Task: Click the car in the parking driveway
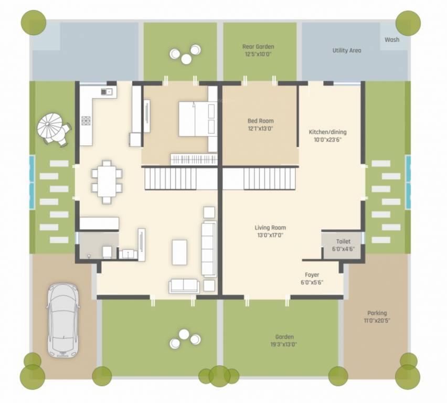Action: pos(62,320)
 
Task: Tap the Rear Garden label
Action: pos(258,50)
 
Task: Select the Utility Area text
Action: pos(347,50)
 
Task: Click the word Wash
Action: pos(391,39)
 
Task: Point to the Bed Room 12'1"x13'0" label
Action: pos(260,124)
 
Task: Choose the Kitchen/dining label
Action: pos(328,135)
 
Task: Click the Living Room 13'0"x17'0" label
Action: pos(270,231)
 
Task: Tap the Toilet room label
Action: pos(343,245)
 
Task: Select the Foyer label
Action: pos(312,278)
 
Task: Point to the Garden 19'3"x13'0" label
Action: pos(285,340)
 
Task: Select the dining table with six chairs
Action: pos(107,181)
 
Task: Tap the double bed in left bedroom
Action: pos(197,119)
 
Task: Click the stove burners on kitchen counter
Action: pos(86,121)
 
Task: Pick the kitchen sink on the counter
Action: pos(109,92)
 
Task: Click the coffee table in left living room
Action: pos(179,252)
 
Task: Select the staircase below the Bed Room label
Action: pos(270,178)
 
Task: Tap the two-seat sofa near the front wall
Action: pos(184,285)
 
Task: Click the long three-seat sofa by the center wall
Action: pos(209,248)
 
